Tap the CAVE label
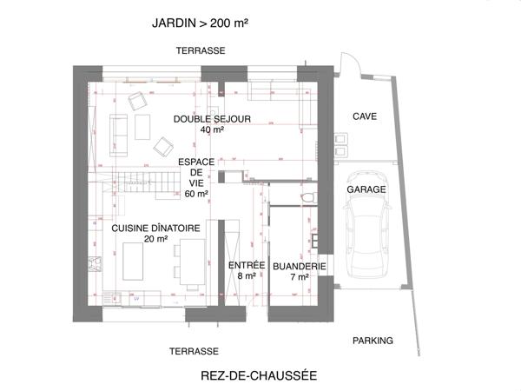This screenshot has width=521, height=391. coord(364,116)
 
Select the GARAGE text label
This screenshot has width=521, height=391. coord(366,189)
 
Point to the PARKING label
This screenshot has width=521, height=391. coord(373,341)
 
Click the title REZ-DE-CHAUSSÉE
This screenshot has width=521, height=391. coord(258,375)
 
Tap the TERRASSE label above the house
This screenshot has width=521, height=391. coord(200,50)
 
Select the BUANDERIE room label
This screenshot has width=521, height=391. coord(299,266)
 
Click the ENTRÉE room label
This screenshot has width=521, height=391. coord(241,265)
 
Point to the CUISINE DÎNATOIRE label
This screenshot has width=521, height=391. coord(155,228)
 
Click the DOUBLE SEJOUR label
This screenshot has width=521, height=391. coord(212,119)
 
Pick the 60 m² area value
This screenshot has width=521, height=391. coord(196,194)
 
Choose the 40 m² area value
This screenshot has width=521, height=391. coord(212,130)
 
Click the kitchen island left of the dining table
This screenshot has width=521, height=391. coord(134,262)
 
